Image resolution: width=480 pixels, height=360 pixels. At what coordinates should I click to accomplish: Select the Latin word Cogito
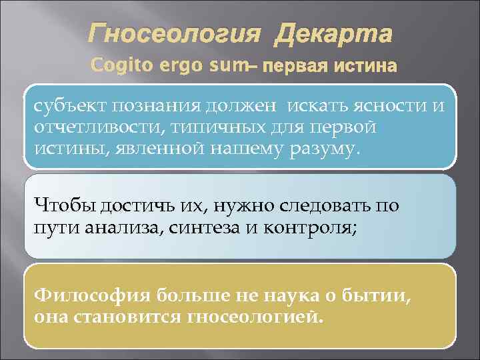tap(114, 66)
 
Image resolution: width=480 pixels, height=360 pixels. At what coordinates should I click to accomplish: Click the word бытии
tap(377, 294)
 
